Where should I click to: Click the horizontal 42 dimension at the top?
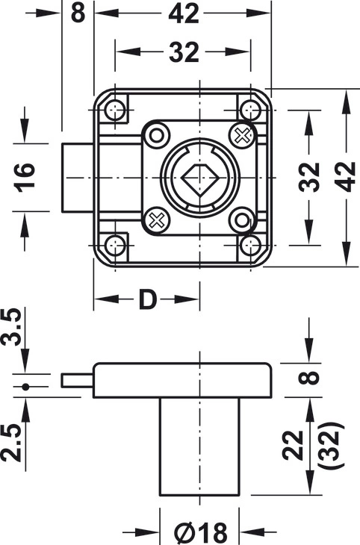tap(184, 13)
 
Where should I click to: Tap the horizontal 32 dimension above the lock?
tap(184, 52)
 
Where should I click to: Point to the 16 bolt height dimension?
tap(25, 177)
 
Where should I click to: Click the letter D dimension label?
tap(147, 299)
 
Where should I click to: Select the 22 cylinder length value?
tap(293, 445)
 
